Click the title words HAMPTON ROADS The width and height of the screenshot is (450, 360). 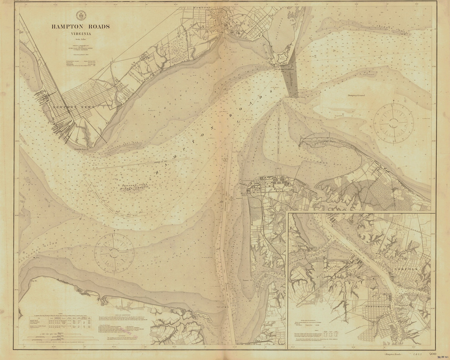click(81, 26)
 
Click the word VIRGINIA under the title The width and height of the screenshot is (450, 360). click(81, 34)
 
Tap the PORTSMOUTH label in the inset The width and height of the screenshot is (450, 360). click(368, 305)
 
